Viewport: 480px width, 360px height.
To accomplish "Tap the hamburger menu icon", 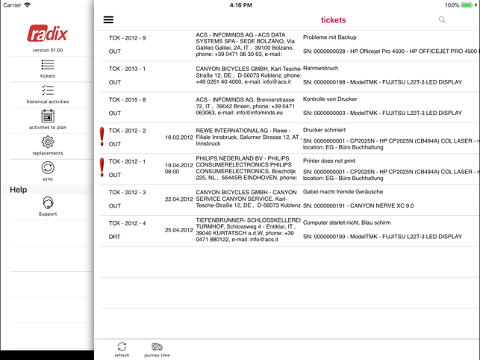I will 108,20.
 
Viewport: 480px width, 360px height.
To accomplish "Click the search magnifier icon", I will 442,20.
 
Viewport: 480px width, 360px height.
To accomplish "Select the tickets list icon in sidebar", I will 48,66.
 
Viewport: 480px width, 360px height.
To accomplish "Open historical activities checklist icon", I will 48,91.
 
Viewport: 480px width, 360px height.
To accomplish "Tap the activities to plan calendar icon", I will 48,117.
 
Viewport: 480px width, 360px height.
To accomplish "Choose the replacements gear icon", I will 48,142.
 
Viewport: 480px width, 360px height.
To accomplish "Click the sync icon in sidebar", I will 48,168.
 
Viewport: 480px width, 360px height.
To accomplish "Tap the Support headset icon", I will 48,203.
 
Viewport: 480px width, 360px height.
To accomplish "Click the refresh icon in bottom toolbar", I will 122,347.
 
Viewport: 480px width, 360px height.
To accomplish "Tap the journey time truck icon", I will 157,347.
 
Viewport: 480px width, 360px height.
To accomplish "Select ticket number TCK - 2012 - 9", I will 127,37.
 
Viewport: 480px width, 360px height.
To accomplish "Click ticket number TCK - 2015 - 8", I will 127,99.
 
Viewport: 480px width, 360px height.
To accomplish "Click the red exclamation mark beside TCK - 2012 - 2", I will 102,136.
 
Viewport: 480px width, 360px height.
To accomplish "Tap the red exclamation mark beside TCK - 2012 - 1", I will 102,167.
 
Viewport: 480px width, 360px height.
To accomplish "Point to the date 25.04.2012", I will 179,230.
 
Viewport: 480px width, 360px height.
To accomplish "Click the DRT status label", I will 114,237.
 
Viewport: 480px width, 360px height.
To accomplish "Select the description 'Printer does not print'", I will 329,161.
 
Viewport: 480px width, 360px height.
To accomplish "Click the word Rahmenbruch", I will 320,68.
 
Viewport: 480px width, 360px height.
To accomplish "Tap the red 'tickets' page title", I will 333,20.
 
